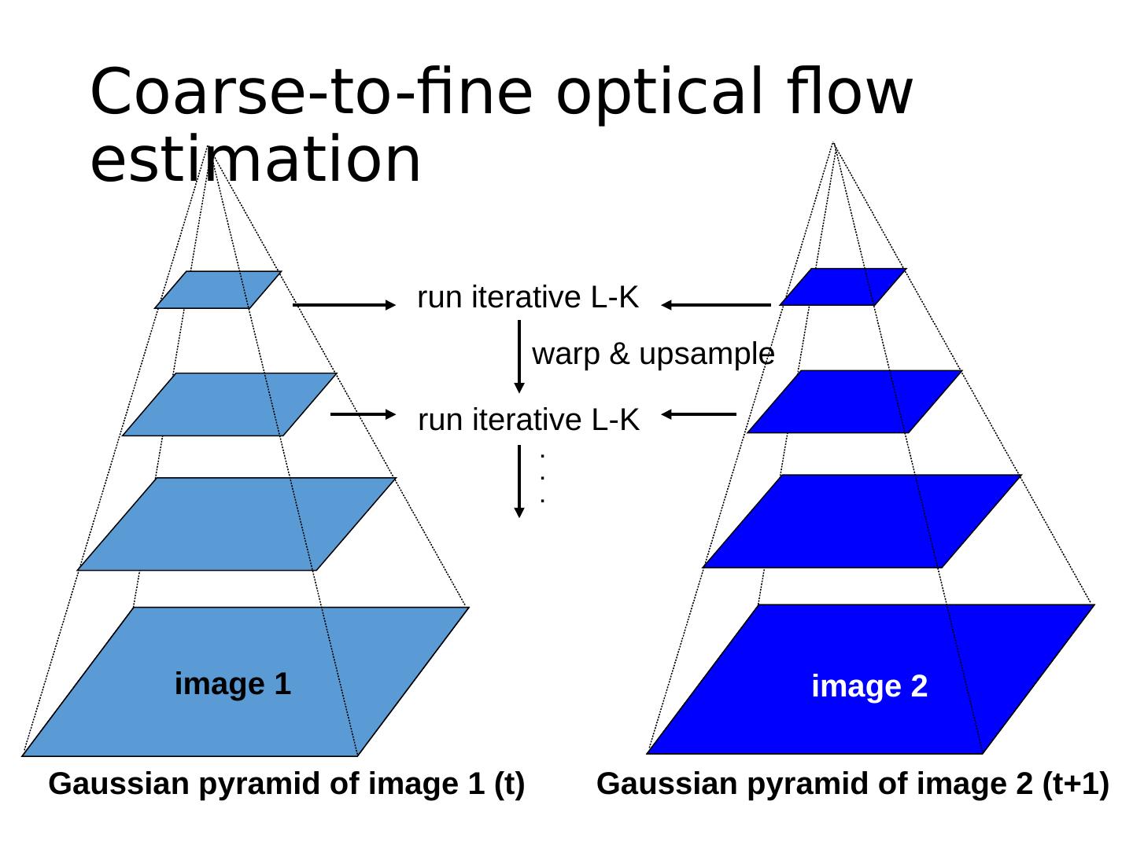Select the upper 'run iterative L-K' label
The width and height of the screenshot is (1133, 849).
528,298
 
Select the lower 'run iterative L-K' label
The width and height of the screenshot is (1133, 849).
529,421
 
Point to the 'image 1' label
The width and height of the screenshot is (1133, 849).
233,684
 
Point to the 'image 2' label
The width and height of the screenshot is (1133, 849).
869,687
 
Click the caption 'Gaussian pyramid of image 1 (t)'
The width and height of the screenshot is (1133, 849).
286,785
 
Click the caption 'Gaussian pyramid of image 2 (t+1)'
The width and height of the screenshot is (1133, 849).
853,785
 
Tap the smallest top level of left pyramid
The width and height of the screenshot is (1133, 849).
218,289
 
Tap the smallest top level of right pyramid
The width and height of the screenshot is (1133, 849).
843,287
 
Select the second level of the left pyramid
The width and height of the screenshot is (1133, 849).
229,404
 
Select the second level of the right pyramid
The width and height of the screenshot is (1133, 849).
854,402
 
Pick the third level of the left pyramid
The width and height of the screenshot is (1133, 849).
236,524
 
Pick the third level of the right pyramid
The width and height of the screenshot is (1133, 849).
861,520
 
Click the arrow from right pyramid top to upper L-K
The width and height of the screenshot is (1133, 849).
716,305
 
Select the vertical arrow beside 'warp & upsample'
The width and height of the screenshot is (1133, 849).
519,355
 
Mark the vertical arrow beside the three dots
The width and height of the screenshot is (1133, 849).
519,480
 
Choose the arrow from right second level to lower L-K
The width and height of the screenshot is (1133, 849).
699,413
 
